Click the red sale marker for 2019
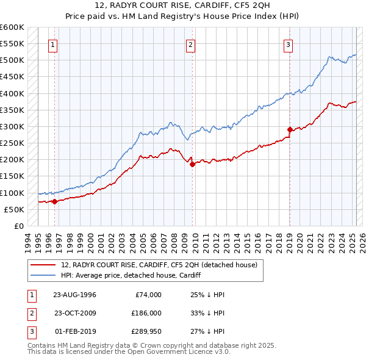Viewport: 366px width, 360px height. click(x=290, y=129)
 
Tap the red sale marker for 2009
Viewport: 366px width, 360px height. click(x=192, y=164)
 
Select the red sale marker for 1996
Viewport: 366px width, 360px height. click(x=54, y=201)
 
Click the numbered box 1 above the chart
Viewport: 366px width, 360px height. click(x=54, y=44)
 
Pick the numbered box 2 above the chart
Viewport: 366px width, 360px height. click(x=191, y=44)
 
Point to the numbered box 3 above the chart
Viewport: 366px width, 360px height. click(x=287, y=44)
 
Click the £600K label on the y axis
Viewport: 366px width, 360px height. click(x=12, y=27)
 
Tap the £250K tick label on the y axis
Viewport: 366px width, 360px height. click(x=12, y=143)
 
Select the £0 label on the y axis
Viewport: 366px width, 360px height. click(x=18, y=226)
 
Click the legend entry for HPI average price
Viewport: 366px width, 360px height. click(x=131, y=276)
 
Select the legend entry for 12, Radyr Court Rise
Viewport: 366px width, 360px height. click(x=159, y=265)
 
